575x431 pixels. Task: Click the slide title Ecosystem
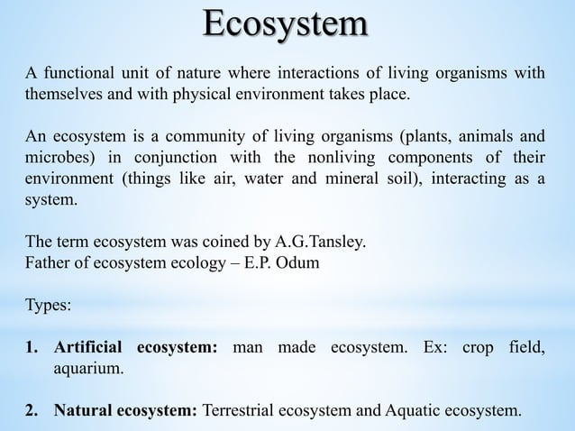[286, 25]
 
